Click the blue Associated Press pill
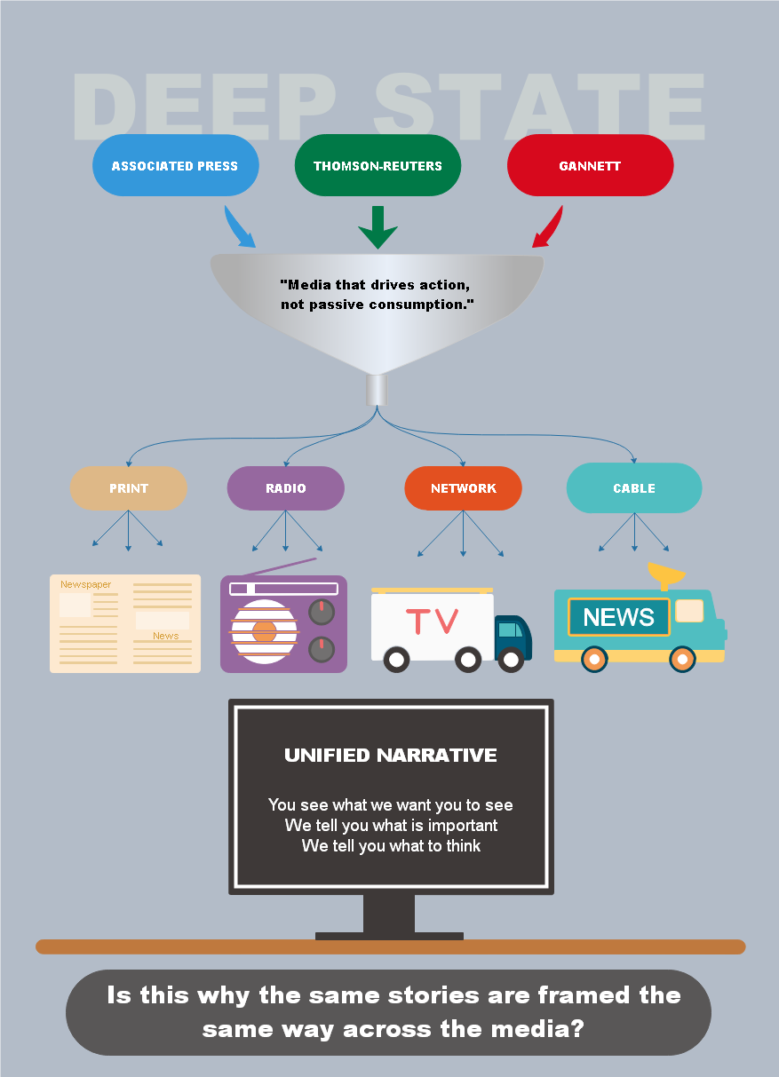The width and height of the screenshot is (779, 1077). click(x=175, y=165)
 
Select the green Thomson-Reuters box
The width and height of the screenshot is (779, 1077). click(x=378, y=165)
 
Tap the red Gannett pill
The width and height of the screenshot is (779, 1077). click(x=590, y=165)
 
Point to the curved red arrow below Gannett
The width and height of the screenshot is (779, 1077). click(x=549, y=228)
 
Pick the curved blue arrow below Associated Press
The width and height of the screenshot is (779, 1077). click(x=238, y=228)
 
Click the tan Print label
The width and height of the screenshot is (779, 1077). click(x=129, y=488)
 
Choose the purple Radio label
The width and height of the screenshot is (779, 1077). click(x=285, y=488)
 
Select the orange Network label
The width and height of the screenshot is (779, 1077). click(x=463, y=488)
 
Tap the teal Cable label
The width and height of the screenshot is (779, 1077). click(x=633, y=488)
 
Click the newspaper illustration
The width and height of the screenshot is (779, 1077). click(x=125, y=623)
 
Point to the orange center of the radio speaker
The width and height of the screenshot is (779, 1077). click(x=265, y=631)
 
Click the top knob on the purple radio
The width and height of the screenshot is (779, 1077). click(x=321, y=611)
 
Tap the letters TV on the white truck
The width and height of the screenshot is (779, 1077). click(x=432, y=622)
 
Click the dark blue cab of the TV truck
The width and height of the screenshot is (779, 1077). click(x=513, y=635)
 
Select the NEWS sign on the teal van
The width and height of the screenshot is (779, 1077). click(x=618, y=617)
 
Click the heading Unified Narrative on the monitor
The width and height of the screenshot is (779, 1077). click(x=391, y=756)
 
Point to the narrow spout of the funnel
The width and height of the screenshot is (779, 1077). click(x=378, y=390)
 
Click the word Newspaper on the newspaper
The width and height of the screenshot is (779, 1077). click(x=86, y=584)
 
